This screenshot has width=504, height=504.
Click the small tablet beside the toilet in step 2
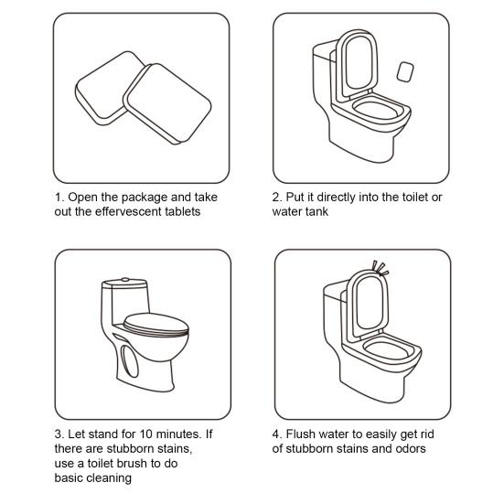coord(405,72)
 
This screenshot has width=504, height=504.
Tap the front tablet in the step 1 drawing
coord(167,103)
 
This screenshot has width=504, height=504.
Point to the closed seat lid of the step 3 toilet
coord(156,324)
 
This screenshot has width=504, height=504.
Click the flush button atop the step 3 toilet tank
coord(125,280)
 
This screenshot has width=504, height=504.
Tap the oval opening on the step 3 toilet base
coord(129,361)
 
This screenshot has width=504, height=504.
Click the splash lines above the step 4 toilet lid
coord(381,268)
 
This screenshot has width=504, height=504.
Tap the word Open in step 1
coord(83,198)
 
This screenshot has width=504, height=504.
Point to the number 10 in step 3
coord(145,434)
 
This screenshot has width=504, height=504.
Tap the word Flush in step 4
coord(301,434)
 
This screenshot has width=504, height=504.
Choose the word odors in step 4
coord(410,449)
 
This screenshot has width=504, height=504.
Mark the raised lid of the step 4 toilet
coord(369,304)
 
